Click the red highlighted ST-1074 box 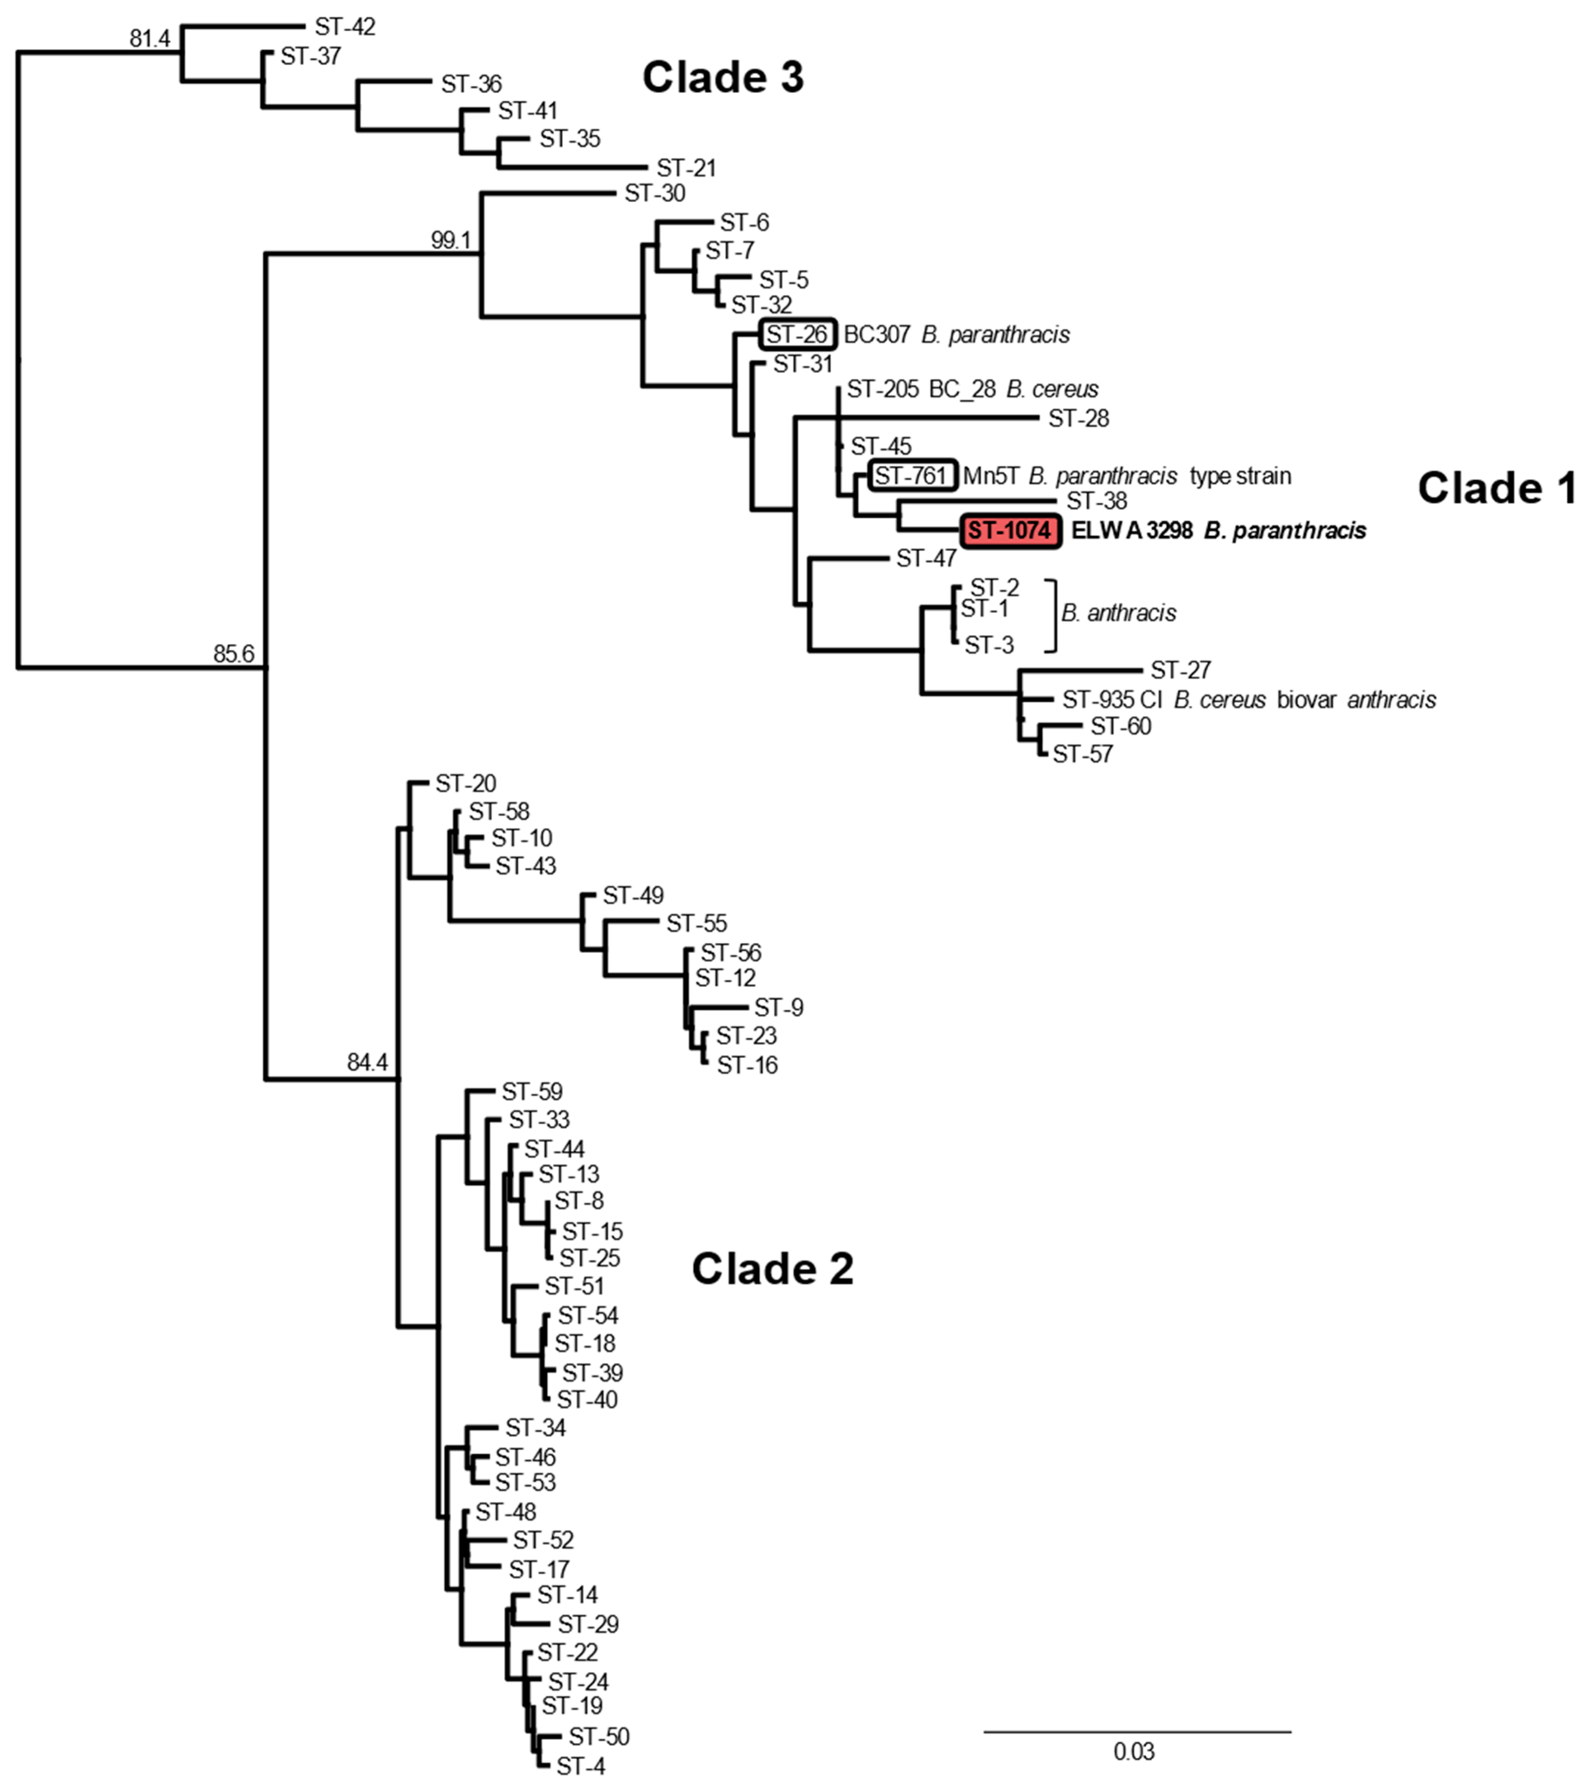[1011, 530]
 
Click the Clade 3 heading [723, 77]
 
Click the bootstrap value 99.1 [451, 240]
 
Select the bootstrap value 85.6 [233, 654]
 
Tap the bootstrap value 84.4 [367, 1063]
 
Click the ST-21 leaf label [686, 168]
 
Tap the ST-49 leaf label [633, 896]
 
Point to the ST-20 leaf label [466, 783]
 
